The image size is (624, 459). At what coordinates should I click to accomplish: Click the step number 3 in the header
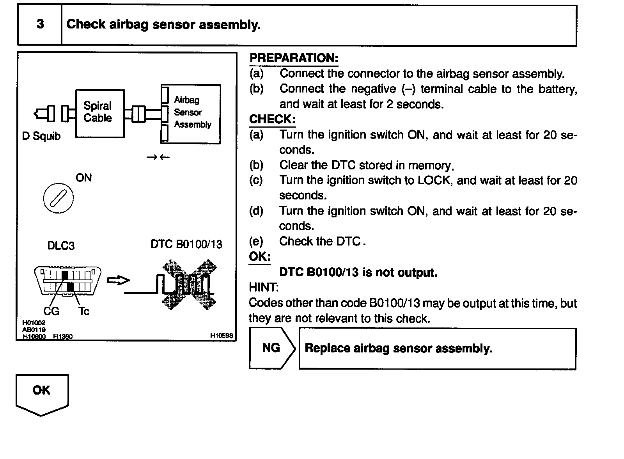point(40,24)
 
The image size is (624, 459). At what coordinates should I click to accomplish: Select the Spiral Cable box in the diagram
point(99,113)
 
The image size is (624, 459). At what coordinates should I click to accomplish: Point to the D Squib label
point(42,136)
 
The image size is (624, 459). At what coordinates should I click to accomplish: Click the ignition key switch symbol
point(58,198)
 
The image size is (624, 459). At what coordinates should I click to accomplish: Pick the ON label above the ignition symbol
point(83,178)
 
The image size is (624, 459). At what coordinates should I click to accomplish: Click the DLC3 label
point(61,246)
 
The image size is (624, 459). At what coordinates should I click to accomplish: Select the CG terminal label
point(51,311)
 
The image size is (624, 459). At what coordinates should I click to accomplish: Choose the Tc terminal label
point(84,311)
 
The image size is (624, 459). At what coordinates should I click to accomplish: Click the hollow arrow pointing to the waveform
point(118,280)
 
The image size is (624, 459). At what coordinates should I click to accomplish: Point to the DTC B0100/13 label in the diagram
point(186,244)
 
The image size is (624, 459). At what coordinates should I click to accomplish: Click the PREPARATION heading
point(294,58)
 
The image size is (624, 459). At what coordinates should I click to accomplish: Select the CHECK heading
point(272,119)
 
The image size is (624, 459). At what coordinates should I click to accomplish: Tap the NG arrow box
point(271,348)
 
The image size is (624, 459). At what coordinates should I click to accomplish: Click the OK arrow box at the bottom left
point(42,393)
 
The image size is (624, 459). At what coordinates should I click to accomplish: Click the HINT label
point(264,288)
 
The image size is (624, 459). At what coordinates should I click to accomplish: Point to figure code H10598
point(221,335)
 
